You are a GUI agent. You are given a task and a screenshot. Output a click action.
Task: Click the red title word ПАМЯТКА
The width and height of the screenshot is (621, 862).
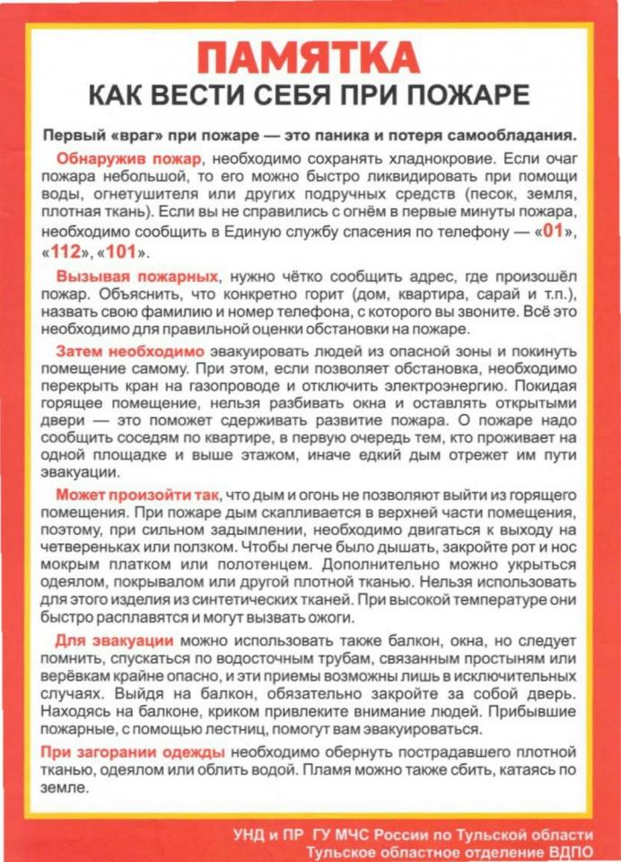coord(310,58)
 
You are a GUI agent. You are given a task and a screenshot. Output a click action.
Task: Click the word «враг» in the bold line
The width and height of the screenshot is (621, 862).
coord(127,135)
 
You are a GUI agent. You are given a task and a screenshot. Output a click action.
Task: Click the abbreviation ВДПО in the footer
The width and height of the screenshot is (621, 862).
coord(567,851)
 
